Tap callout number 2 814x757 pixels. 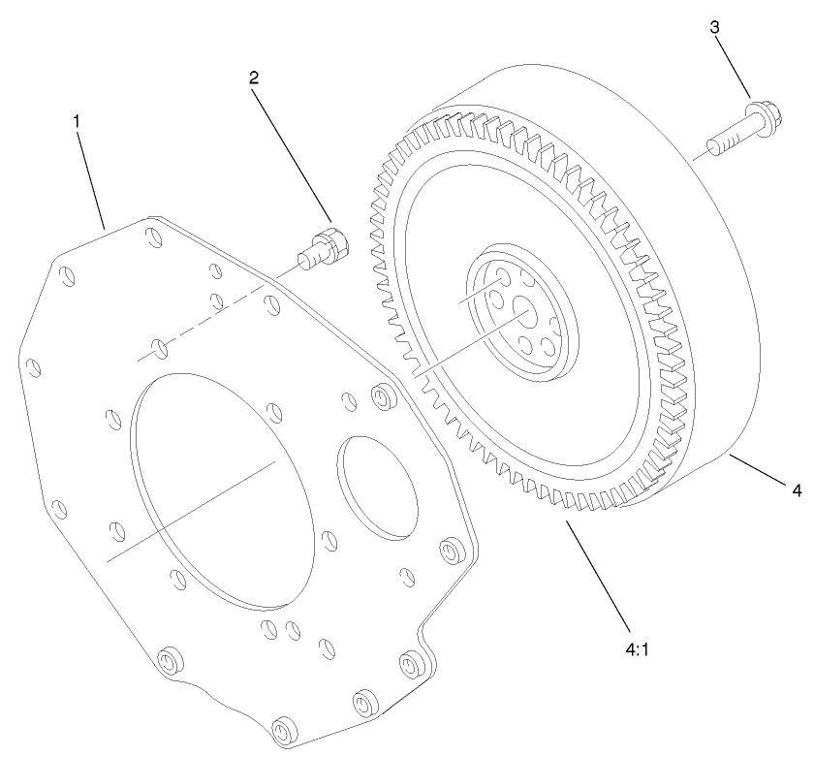(x=254, y=79)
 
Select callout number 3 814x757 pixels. (x=715, y=27)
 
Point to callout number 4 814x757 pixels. (x=797, y=491)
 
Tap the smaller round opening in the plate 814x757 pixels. (x=380, y=484)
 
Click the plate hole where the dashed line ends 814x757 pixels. (x=159, y=345)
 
